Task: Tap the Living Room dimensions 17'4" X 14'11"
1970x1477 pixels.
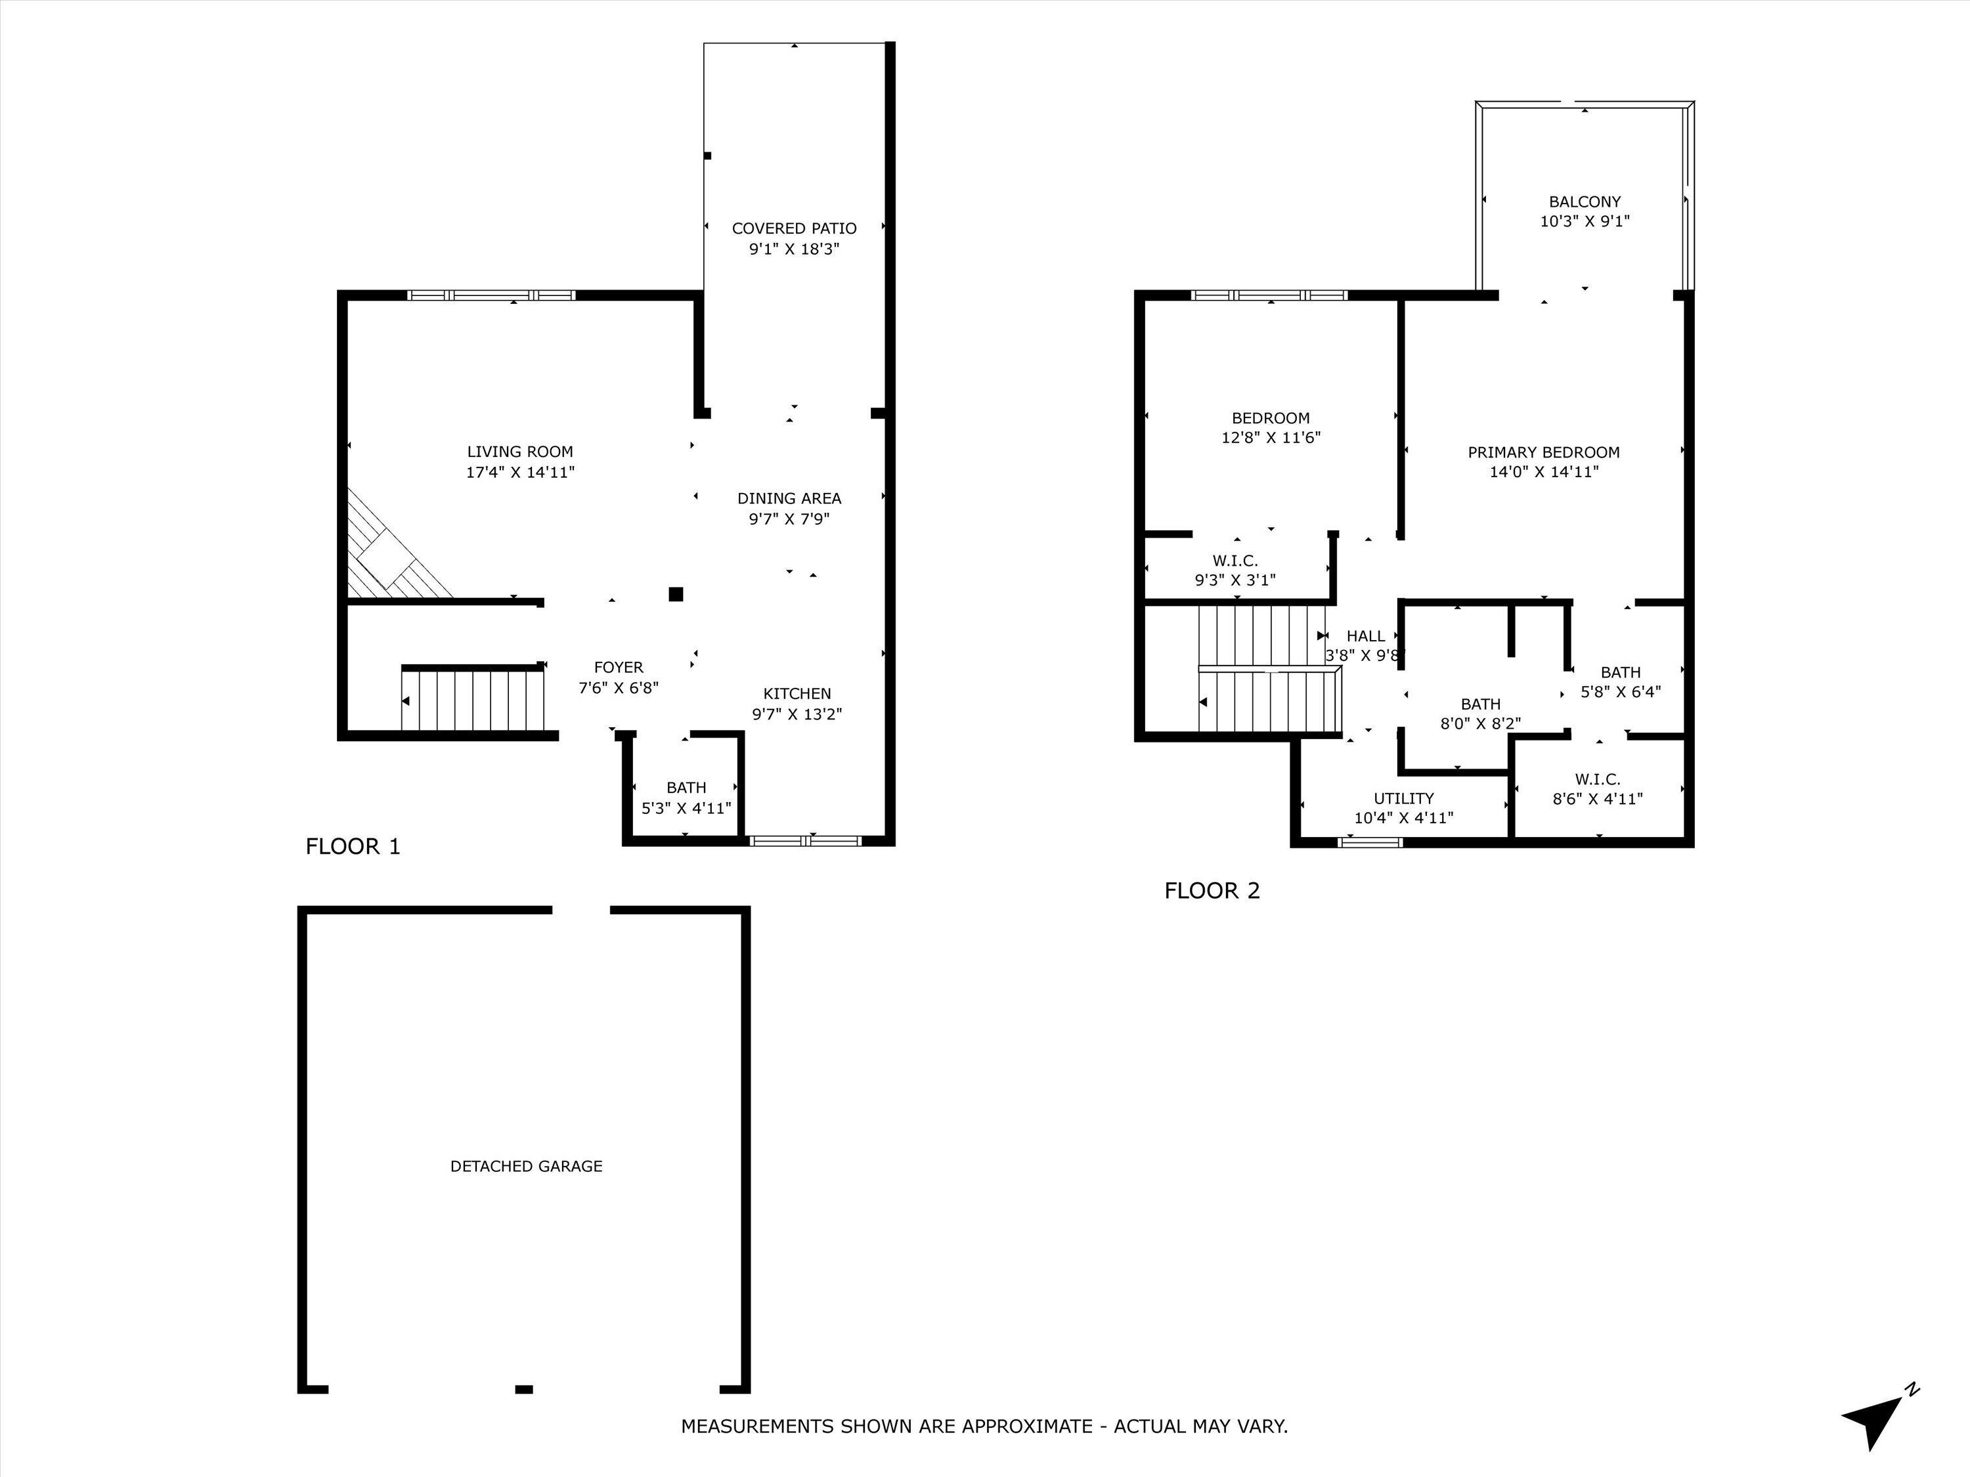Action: [x=520, y=473]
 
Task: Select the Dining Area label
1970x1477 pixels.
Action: [x=789, y=498]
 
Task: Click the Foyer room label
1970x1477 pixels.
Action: [x=618, y=668]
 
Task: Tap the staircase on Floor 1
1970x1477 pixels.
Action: [x=473, y=700]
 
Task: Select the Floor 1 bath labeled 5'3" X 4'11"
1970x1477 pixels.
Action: [x=686, y=798]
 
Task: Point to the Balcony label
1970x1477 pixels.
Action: [x=1585, y=202]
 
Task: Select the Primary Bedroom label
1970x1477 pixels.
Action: [x=1543, y=452]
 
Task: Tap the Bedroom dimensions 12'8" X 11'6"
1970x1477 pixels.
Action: [x=1270, y=438]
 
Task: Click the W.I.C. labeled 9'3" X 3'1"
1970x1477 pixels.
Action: [x=1235, y=570]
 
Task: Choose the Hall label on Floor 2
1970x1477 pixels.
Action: [x=1365, y=635]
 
